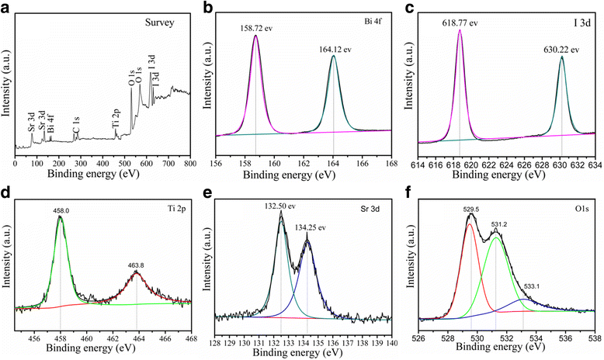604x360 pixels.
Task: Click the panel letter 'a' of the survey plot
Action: click(5, 8)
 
